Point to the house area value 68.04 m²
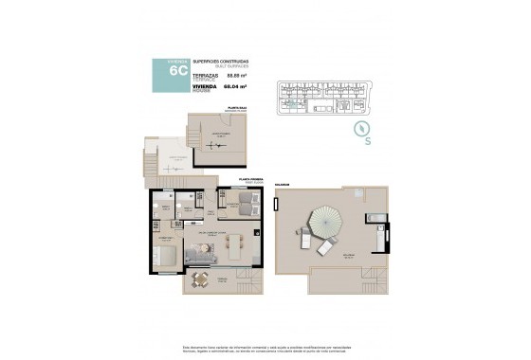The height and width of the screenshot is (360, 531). click(x=236, y=88)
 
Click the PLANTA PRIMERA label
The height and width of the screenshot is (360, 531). click(x=249, y=177)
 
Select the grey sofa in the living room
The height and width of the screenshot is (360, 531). click(x=202, y=254)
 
